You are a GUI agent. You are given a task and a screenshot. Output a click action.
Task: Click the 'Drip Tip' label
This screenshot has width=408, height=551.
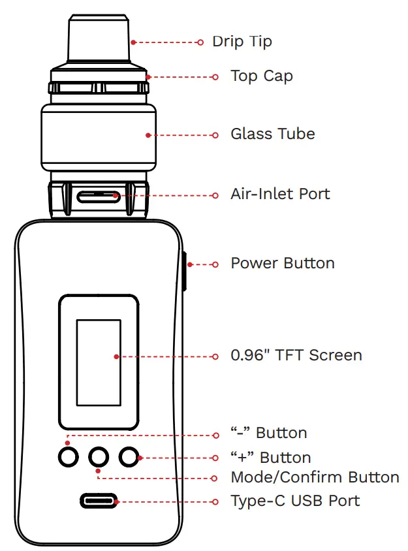[x=242, y=42]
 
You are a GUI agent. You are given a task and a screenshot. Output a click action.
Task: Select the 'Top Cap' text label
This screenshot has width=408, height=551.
[x=261, y=76]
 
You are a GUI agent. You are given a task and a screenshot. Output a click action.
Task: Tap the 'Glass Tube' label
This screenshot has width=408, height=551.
[x=272, y=134]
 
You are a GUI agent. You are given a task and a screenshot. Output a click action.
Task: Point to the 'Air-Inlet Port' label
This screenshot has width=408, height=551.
[x=280, y=195]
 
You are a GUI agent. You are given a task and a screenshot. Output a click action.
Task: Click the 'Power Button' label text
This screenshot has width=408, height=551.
[x=283, y=264]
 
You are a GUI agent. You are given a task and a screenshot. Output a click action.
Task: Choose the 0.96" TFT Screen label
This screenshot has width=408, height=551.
[x=296, y=356]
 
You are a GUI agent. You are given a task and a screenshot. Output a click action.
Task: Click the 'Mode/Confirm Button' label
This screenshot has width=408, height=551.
[x=315, y=477]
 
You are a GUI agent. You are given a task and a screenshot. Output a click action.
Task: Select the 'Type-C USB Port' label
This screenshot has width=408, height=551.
[x=295, y=501]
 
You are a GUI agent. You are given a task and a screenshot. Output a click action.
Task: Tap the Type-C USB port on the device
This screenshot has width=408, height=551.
[x=99, y=501]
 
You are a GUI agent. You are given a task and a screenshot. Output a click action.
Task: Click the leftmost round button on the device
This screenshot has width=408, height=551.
[x=67, y=456]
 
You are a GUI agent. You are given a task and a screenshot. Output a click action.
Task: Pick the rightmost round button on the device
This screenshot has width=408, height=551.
[x=130, y=456]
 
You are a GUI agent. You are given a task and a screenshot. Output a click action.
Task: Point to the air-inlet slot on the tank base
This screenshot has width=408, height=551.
[x=98, y=195]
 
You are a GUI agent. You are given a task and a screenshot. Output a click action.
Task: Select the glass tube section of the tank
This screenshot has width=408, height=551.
[x=99, y=134]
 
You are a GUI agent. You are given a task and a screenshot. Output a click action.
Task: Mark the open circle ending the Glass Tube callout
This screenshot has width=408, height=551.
[x=216, y=135]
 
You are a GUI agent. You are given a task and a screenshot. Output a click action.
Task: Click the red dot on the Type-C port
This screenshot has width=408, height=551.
[x=116, y=501]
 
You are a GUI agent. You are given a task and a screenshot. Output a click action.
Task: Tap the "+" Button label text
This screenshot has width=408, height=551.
[x=270, y=457]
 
